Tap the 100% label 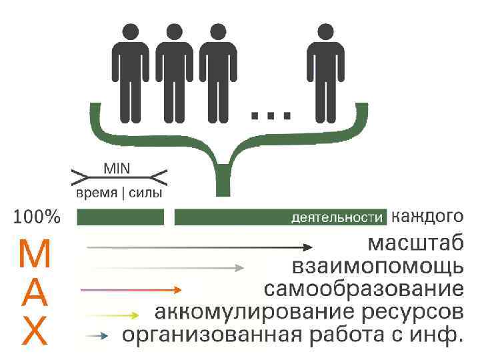pyautogui.click(x=37, y=217)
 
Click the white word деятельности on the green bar pyautogui.click(x=339, y=217)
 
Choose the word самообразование pyautogui.click(x=363, y=290)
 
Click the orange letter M pyautogui.click(x=33, y=253)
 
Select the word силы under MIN pyautogui.click(x=141, y=193)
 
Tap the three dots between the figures pyautogui.click(x=271, y=115)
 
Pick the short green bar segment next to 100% pyautogui.click(x=121, y=217)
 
